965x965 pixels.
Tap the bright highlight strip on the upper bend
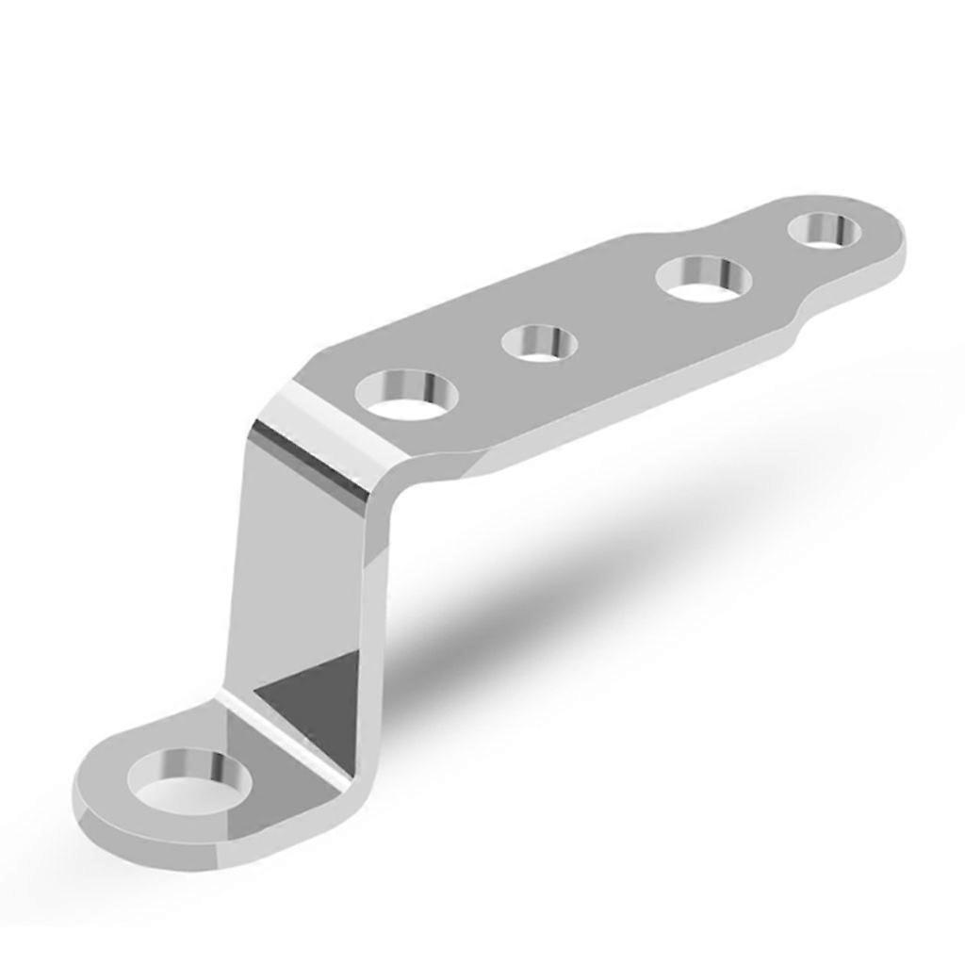pos(316,443)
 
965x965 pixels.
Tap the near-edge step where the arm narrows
pos(792,330)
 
